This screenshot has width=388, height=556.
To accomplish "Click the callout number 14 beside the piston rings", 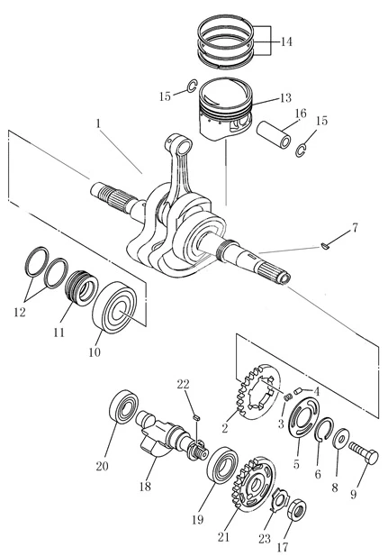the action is click(x=286, y=41).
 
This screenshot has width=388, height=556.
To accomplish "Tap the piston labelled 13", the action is click(x=226, y=108).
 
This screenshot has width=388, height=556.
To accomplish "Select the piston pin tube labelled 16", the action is click(x=274, y=135).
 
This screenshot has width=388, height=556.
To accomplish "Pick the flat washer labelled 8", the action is click(x=341, y=439).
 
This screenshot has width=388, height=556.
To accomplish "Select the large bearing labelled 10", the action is click(x=114, y=308).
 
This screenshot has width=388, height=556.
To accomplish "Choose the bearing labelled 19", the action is click(x=221, y=465).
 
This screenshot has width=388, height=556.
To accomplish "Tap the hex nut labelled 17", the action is click(x=296, y=510).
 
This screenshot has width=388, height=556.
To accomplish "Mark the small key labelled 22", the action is click(x=197, y=417).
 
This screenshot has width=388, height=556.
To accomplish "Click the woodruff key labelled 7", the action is click(x=325, y=246).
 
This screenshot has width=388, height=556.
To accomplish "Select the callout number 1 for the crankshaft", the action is click(x=98, y=123).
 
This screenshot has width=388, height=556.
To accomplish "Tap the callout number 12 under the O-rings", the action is click(x=20, y=312).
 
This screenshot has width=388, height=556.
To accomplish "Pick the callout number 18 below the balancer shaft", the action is click(x=145, y=486).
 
